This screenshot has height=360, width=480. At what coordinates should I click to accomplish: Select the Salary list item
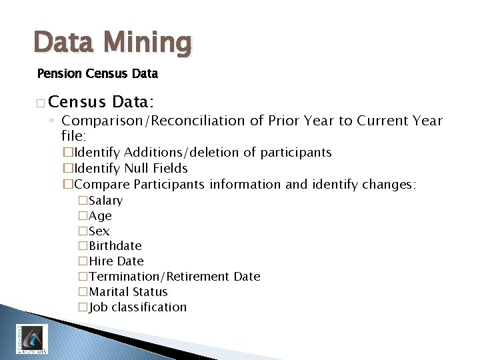click(105, 201)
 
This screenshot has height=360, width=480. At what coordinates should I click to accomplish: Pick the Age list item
click(100, 216)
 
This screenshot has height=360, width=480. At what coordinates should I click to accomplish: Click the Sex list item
click(99, 231)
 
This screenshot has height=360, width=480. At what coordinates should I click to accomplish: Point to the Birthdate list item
click(115, 246)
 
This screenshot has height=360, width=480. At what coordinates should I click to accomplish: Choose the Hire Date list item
click(116, 261)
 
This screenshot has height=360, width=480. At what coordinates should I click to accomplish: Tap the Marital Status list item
click(128, 292)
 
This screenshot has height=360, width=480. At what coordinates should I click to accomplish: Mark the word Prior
click(285, 121)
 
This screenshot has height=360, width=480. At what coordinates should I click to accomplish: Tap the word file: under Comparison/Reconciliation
click(73, 135)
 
